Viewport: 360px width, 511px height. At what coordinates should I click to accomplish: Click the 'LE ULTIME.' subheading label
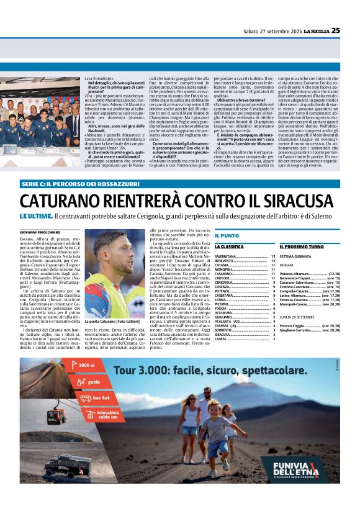[x=35, y=215]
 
